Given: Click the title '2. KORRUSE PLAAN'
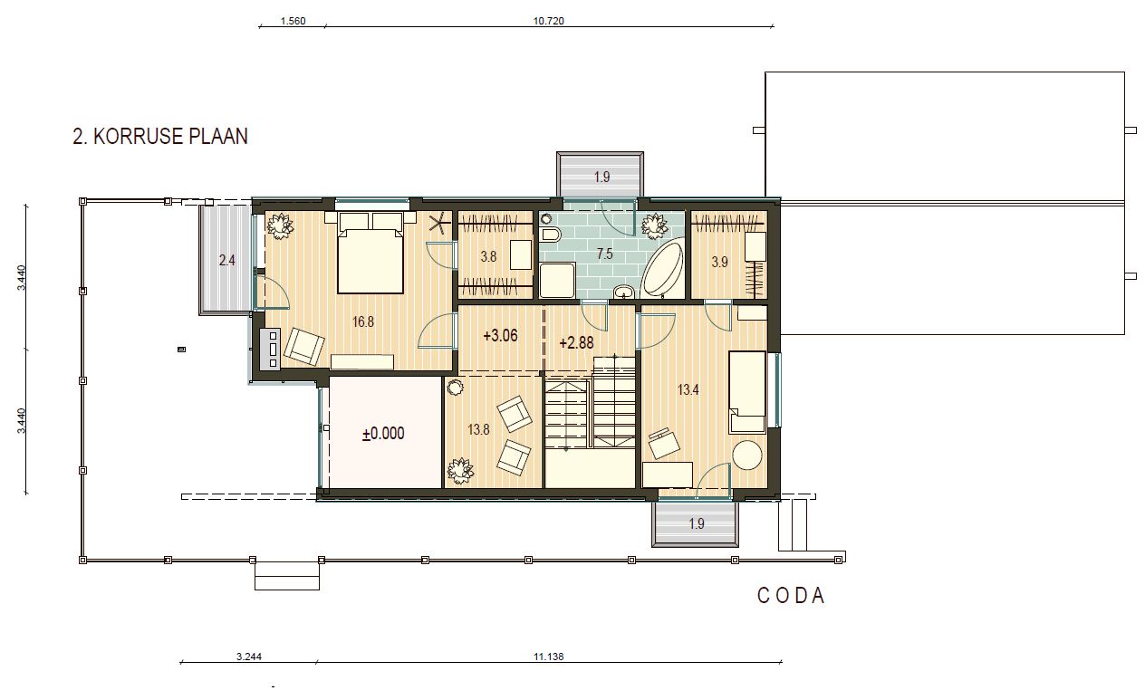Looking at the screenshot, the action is point(160,137).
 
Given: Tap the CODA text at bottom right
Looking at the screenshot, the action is point(791,596).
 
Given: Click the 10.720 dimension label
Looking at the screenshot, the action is point(548,21).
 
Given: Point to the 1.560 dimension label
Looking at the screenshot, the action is point(293,21).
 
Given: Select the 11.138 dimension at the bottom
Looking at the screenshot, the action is point(548,657).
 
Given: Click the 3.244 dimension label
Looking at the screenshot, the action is point(249,657).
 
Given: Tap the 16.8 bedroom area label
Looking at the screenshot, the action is point(363,321).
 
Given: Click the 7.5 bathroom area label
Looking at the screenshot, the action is point(605,254).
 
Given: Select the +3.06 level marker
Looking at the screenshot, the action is point(500,336).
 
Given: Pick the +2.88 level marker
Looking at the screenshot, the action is point(577,342).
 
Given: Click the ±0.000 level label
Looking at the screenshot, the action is point(383,434).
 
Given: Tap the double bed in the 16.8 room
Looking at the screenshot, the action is point(370,253).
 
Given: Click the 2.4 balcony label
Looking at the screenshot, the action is point(227,261).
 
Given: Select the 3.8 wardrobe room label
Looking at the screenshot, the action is point(488,256).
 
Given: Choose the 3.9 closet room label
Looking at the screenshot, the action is point(720,262).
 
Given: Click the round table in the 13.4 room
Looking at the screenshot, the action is point(747,455).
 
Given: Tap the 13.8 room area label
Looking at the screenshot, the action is point(478,430).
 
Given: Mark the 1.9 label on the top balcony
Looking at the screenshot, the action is point(602,177).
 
